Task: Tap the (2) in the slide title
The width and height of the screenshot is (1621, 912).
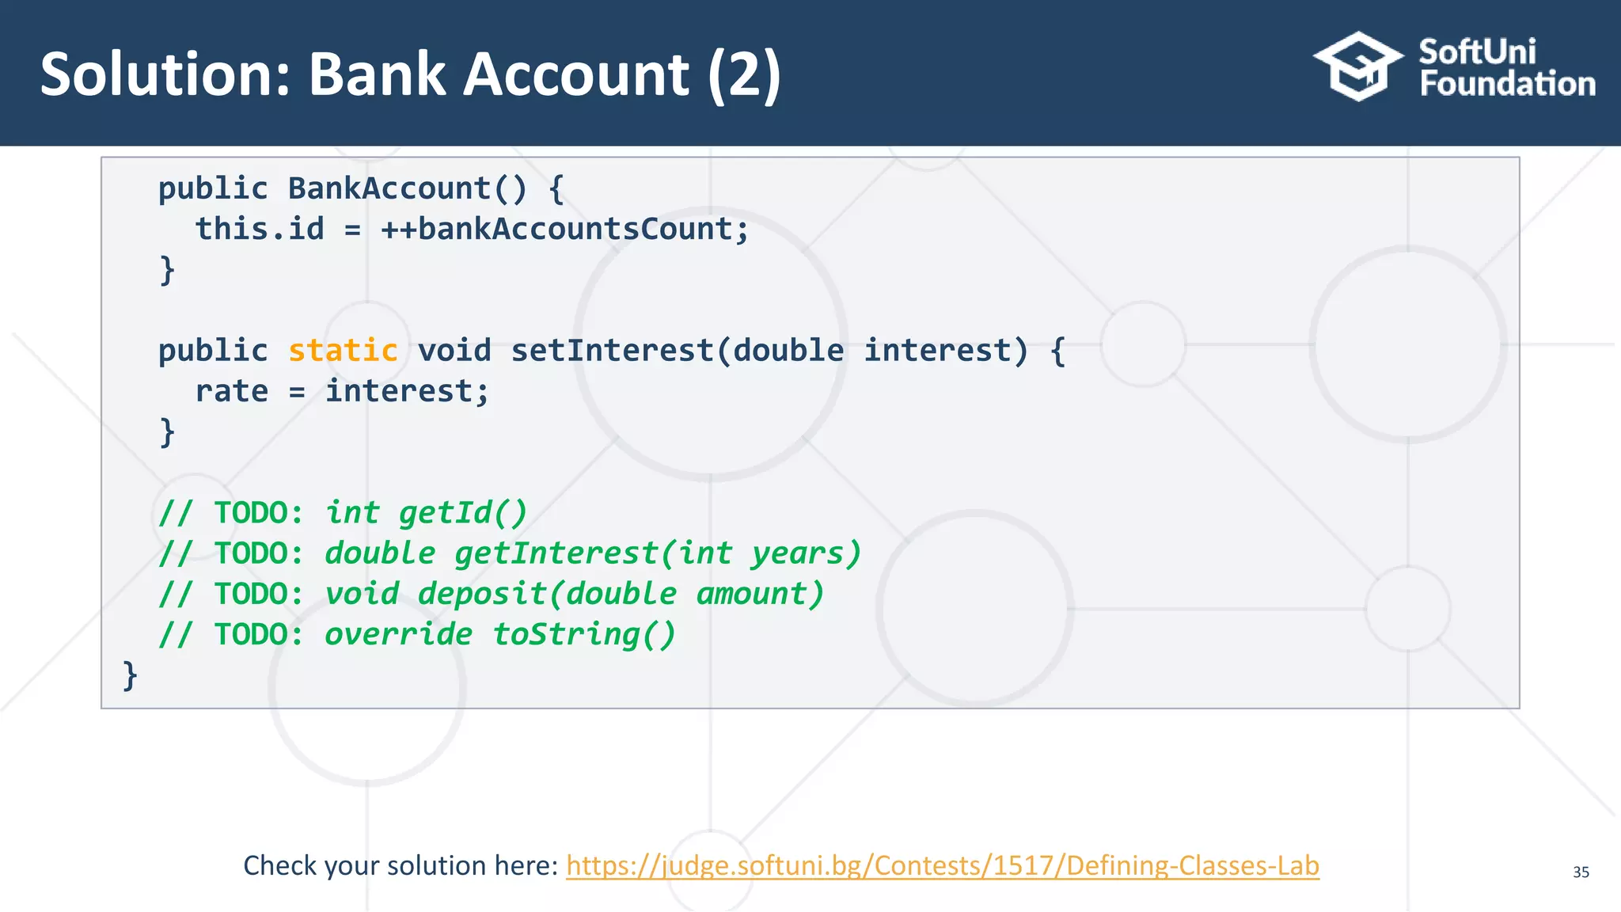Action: click(x=743, y=74)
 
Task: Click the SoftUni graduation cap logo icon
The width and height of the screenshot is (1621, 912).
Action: click(x=1357, y=66)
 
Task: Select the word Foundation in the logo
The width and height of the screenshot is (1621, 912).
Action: click(x=1507, y=84)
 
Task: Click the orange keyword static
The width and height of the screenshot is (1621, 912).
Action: click(x=343, y=350)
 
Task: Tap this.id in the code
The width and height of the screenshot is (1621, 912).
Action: click(x=260, y=229)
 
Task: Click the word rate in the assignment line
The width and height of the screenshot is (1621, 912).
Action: click(x=231, y=391)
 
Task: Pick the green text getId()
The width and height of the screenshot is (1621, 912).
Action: click(x=463, y=512)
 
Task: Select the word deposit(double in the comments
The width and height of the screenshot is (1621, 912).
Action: click(x=547, y=594)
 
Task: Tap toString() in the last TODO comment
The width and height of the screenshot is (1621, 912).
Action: click(x=584, y=634)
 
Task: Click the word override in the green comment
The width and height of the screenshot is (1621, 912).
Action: click(x=398, y=634)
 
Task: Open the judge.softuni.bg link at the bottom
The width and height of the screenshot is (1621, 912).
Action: click(x=942, y=865)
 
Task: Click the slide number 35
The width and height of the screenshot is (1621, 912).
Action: click(x=1581, y=872)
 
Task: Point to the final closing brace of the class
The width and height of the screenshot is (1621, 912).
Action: click(x=130, y=675)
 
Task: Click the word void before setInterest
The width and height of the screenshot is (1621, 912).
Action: click(x=454, y=350)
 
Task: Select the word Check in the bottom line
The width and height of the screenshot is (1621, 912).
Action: click(x=279, y=865)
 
